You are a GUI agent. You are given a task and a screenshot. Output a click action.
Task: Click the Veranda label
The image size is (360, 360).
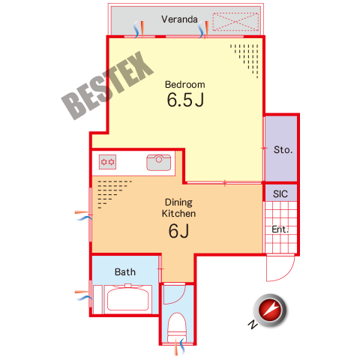tap(179, 19)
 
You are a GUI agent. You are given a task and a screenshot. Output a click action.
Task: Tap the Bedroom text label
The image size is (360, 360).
tap(185, 85)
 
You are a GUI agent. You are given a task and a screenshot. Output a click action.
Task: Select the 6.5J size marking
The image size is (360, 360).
tap(185, 100)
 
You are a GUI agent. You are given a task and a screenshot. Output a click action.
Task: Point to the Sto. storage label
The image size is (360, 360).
tap(283, 150)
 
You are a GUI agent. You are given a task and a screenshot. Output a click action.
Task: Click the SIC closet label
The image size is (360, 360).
tap(280, 194)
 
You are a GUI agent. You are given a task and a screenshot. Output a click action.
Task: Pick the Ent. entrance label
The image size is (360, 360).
tap(280, 229)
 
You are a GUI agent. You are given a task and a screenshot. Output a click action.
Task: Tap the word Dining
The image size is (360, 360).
tap(178, 202)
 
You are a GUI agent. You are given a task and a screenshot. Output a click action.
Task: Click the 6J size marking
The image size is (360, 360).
tap(178, 231)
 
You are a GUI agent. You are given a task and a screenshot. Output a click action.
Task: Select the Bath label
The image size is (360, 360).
tap(125, 271)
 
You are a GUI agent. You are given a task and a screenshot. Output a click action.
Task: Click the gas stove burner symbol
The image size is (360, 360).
tap(107, 162)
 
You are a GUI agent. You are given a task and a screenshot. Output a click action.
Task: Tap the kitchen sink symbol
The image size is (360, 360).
tap(159, 163)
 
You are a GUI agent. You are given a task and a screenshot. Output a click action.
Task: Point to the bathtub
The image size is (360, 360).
tap(128, 298)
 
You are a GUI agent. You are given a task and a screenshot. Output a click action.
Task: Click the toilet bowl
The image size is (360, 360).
tap(177, 326)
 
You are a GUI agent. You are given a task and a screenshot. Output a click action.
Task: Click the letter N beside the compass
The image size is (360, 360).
tap(253, 324)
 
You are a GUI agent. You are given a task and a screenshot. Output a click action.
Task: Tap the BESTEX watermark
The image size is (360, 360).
tap(107, 85)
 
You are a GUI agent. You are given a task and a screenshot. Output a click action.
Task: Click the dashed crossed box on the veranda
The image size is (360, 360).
tap(235, 22)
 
